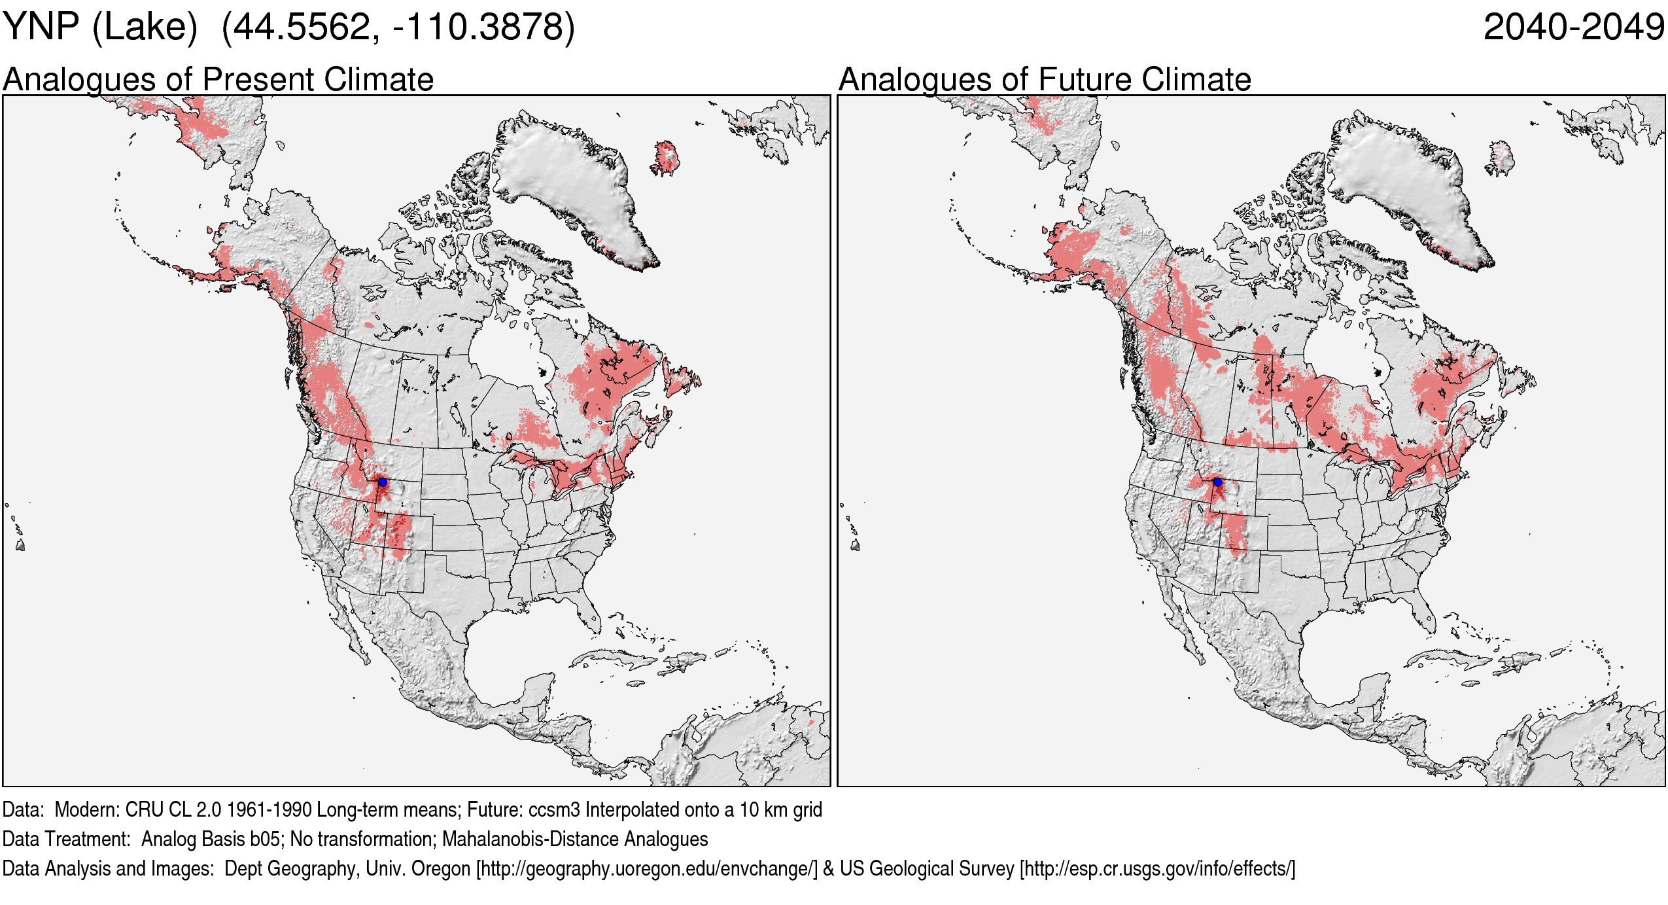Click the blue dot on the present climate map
[383, 482]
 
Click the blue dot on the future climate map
[1217, 482]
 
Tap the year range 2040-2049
[1574, 27]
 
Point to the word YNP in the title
[41, 27]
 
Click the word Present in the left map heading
[259, 80]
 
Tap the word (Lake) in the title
[145, 27]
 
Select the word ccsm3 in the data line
[554, 810]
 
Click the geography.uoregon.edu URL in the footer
[646, 869]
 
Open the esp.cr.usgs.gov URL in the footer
[1157, 869]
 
